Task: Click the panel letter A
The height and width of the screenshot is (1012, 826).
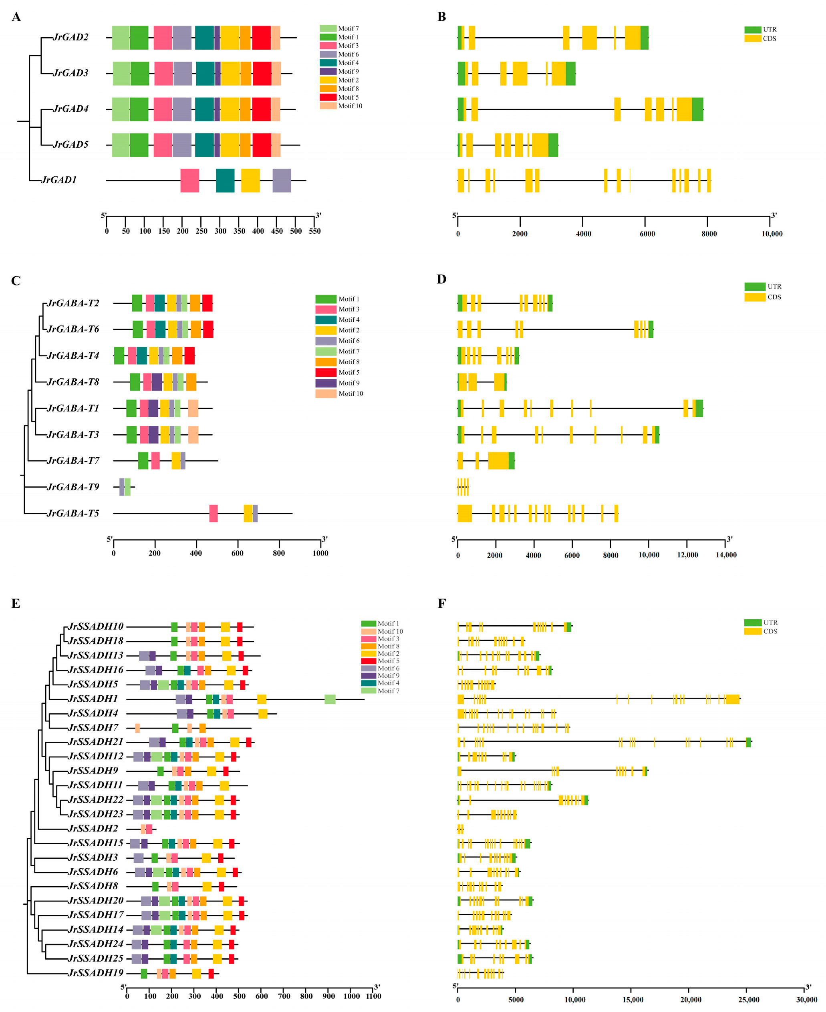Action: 16,18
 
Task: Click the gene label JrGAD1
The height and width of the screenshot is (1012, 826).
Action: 59,180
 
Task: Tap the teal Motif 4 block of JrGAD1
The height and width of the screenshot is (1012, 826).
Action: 225,180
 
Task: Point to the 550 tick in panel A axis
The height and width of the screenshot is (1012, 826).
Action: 314,231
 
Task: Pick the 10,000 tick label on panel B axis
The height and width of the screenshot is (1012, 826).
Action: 772,233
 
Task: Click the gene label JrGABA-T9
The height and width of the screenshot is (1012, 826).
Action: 73,486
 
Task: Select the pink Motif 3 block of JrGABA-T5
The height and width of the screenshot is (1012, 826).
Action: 214,513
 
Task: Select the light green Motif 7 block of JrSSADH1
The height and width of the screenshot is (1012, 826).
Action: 330,699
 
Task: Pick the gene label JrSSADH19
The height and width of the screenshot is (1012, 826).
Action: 96,972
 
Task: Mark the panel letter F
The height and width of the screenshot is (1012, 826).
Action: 441,604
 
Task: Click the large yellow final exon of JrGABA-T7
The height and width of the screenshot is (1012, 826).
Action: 498,460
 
